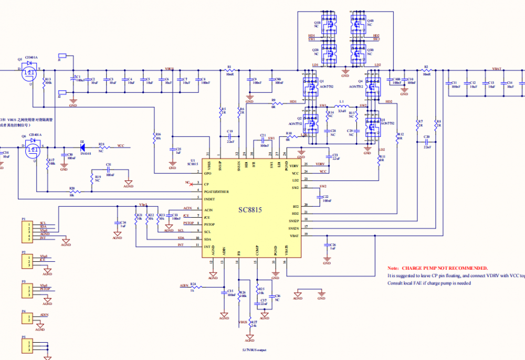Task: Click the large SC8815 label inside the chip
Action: click(x=250, y=209)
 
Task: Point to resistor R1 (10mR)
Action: click(x=229, y=69)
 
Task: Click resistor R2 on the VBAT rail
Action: click(x=426, y=69)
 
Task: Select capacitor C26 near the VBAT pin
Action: click(x=327, y=246)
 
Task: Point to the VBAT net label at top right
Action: click(x=496, y=68)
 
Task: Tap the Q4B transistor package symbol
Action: click(x=359, y=24)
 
